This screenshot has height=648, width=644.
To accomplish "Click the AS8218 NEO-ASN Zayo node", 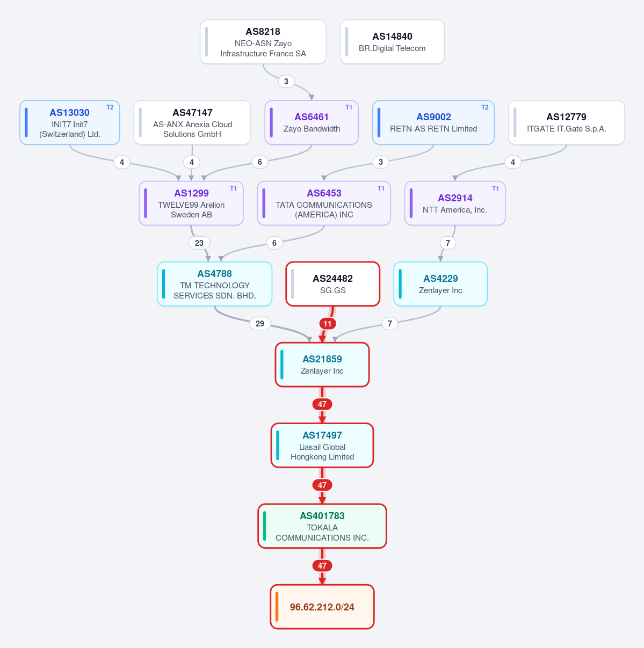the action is [263, 42].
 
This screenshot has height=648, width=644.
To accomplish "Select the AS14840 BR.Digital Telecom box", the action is [392, 42].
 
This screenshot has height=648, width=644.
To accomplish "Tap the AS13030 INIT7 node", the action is [70, 122].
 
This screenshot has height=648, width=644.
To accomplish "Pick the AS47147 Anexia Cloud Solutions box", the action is [192, 122].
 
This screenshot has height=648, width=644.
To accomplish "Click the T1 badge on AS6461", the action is [349, 107].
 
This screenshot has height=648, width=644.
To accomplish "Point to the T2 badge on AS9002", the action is [484, 107].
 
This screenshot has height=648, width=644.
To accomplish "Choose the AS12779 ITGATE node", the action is [566, 122].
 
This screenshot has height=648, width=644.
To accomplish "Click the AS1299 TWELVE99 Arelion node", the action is [191, 203].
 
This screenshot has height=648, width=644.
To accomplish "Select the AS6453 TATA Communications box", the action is [324, 203].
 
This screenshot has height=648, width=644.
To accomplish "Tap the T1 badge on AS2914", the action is [495, 188].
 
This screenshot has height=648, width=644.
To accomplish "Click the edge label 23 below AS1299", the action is [199, 243].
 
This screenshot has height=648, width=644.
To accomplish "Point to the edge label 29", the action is [260, 324].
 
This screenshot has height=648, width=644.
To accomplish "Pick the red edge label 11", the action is [328, 324].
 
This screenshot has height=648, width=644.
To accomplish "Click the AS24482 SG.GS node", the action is [333, 284].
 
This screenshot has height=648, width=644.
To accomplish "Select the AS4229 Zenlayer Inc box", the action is [440, 284].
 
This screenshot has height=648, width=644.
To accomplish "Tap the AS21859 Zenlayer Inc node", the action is [322, 365].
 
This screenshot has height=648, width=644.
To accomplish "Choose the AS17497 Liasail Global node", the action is [322, 445].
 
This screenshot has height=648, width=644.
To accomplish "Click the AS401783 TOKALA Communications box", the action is [322, 526].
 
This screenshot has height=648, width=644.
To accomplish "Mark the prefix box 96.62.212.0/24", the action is [322, 607].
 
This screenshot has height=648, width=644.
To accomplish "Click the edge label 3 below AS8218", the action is [286, 82].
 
